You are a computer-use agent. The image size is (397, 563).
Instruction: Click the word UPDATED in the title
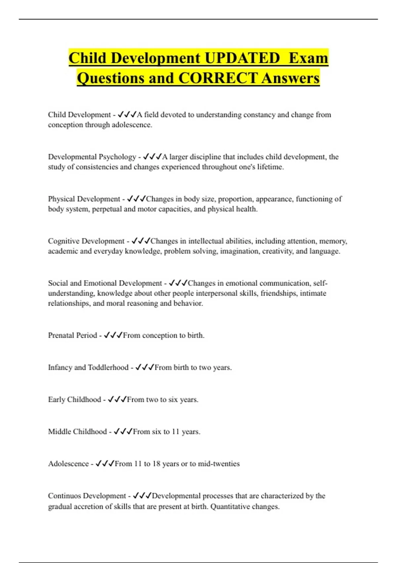point(242,58)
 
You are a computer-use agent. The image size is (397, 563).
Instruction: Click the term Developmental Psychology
point(92,157)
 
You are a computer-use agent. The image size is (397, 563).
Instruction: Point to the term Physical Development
point(84,199)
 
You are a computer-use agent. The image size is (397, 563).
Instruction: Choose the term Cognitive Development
point(86,241)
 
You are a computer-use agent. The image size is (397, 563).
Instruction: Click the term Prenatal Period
point(72,335)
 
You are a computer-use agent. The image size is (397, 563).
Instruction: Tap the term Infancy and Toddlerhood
point(88,367)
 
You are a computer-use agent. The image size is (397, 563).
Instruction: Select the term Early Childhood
point(74,399)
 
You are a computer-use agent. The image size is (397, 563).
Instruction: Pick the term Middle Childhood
point(77,432)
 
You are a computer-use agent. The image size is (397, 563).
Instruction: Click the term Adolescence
point(68,464)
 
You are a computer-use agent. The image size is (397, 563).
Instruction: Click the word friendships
point(279,293)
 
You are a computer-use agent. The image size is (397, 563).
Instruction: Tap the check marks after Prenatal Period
point(113,335)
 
